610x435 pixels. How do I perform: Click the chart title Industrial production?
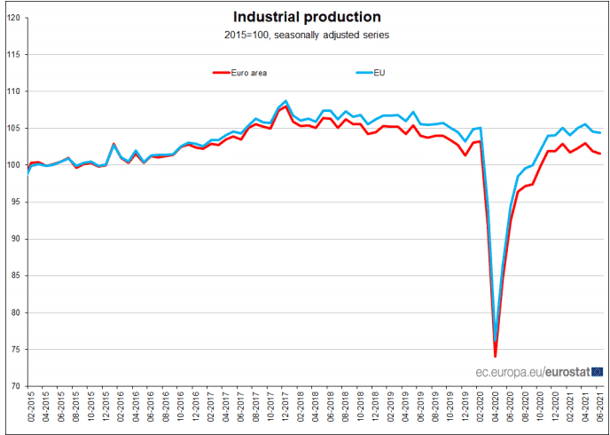click(307, 17)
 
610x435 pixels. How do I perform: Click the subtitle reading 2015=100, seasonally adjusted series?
click(307, 35)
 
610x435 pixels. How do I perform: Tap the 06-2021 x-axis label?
click(601, 411)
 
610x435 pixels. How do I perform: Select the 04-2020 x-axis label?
click(496, 411)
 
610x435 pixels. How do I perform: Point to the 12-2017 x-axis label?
click(285, 411)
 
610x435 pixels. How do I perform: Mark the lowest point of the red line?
click(496, 356)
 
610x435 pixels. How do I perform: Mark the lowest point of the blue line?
click(496, 340)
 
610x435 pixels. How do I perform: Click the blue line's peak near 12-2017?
click(285, 101)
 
